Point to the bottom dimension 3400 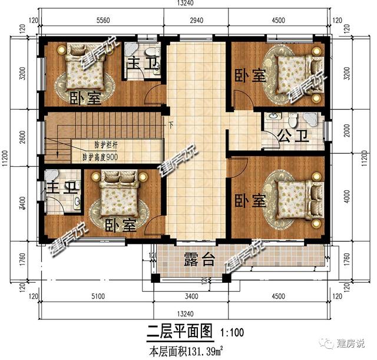pos(191,297)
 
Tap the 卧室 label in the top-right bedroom pos(250,75)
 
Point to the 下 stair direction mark pos(171,124)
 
